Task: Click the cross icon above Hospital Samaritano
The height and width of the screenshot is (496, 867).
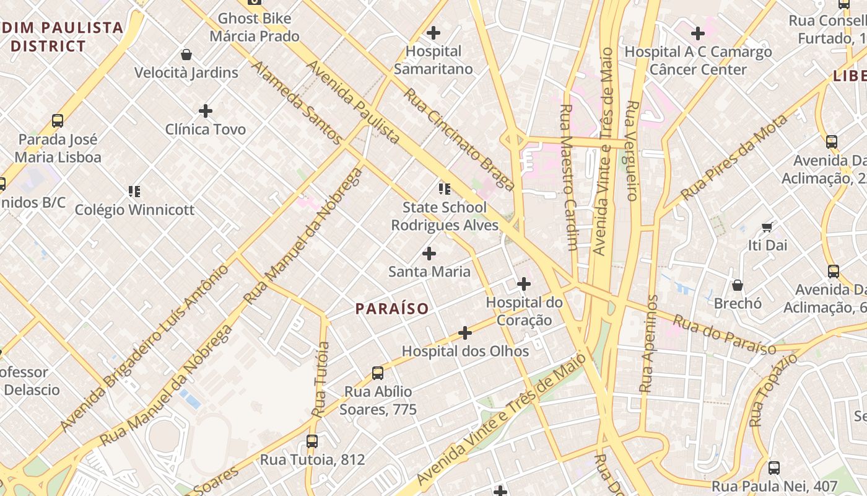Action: (434, 32)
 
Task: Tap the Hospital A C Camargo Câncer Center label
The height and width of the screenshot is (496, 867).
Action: (698, 60)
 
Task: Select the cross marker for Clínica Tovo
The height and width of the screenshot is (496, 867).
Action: (206, 111)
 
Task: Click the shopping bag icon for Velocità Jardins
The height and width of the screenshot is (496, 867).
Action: (186, 55)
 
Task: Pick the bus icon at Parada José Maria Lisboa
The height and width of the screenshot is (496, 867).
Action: (58, 121)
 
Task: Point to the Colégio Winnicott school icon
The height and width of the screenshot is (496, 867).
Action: (134, 191)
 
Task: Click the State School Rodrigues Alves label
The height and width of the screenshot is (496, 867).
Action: (445, 216)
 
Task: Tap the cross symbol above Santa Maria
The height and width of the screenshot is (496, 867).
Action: (429, 253)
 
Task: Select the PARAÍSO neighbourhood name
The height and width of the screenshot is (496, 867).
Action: (392, 309)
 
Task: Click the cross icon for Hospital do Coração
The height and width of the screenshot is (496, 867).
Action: (524, 284)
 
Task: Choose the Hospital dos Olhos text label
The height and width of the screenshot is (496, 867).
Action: (465, 351)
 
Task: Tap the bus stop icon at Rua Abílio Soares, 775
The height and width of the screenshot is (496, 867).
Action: (378, 373)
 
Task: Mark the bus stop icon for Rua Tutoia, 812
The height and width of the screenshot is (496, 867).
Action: (312, 441)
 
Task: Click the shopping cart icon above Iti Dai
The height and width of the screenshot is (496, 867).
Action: (767, 227)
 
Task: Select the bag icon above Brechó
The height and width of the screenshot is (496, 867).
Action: (738, 285)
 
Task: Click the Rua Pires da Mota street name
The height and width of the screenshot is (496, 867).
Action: (734, 158)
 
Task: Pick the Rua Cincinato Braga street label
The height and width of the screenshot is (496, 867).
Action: (459, 139)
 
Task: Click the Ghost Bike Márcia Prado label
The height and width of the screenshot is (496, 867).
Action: (255, 27)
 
